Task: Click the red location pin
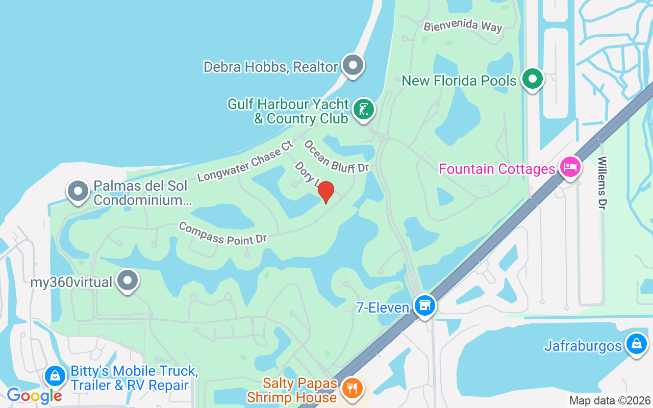pyautogui.click(x=325, y=192)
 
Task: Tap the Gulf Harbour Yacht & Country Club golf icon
pyautogui.click(x=363, y=109)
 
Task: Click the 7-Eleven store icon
pyautogui.click(x=424, y=305)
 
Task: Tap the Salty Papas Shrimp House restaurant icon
pyautogui.click(x=351, y=388)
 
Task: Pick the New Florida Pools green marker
pyautogui.click(x=533, y=80)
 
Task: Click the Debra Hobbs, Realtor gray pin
pyautogui.click(x=353, y=65)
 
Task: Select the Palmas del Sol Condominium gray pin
pyautogui.click(x=78, y=191)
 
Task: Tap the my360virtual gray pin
pyautogui.click(x=128, y=280)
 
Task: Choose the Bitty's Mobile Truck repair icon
pyautogui.click(x=55, y=376)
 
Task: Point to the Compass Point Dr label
pyautogui.click(x=223, y=233)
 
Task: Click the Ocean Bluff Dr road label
pyautogui.click(x=336, y=157)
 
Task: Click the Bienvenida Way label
pyautogui.click(x=463, y=27)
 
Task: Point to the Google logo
pyautogui.click(x=34, y=395)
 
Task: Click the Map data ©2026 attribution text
pyautogui.click(x=610, y=401)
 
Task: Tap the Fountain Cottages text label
pyautogui.click(x=496, y=169)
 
